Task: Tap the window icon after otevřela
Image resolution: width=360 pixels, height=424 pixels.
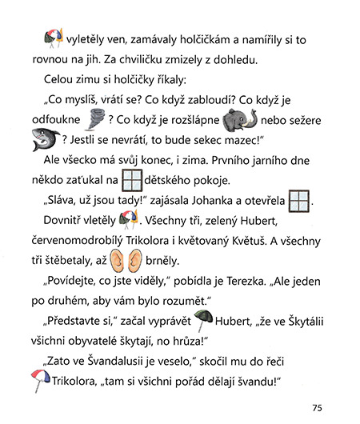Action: click(x=299, y=200)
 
